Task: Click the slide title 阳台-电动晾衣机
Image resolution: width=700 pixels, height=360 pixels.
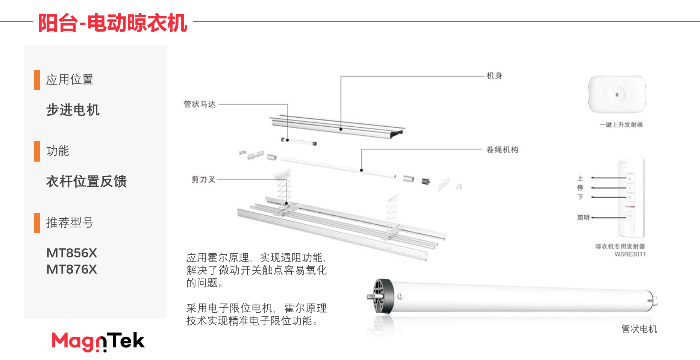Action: [113, 23]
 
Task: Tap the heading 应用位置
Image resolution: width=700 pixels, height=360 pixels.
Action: [70, 80]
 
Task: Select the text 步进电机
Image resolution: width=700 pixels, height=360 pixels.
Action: [73, 110]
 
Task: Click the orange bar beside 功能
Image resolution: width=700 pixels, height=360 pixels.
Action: [37, 151]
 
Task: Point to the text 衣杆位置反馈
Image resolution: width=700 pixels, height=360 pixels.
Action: [86, 182]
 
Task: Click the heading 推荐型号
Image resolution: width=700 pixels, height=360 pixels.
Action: [70, 223]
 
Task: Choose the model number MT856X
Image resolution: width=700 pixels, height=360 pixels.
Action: [71, 253]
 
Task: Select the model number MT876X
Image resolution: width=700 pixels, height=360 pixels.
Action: [71, 269]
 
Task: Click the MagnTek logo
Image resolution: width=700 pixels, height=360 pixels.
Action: [98, 341]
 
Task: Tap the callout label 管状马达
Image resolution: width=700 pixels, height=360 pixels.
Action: [200, 104]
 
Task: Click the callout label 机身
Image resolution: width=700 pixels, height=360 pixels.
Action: [494, 76]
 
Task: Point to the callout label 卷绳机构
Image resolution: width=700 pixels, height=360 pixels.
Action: [502, 150]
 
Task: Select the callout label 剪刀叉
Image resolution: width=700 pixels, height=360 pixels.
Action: [203, 180]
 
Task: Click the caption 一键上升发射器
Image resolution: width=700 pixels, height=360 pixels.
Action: [621, 125]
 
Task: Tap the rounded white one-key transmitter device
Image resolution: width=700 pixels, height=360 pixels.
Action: [617, 94]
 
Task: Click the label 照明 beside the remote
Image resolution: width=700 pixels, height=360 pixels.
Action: [583, 218]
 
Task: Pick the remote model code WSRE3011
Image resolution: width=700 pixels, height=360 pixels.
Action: [630, 254]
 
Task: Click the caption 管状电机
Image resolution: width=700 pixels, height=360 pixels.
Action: [639, 329]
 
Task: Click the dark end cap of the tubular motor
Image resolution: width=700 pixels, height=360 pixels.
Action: [383, 296]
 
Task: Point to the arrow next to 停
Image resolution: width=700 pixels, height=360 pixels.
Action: [608, 188]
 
